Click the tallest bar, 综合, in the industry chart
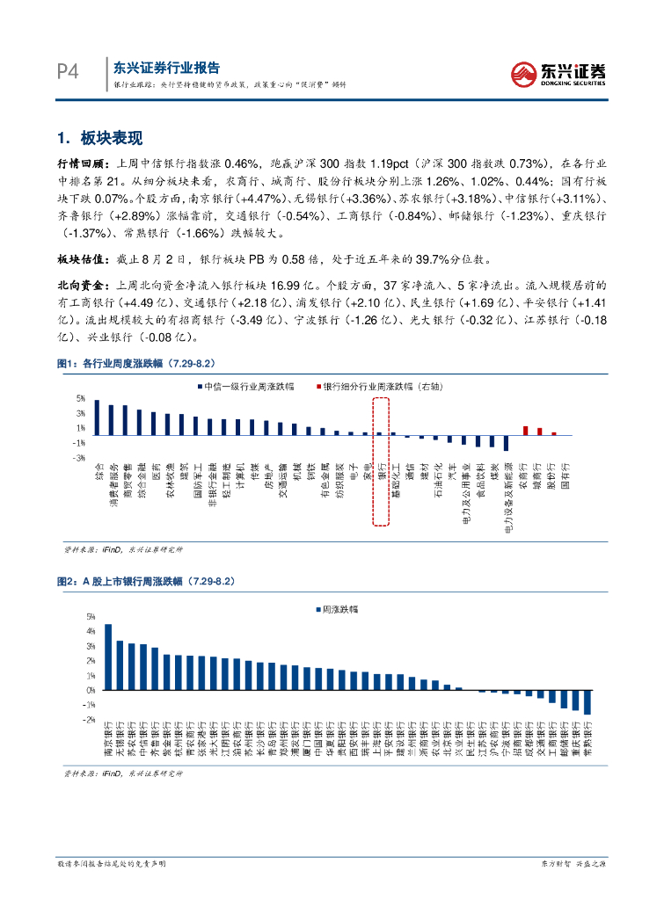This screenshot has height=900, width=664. coord(97,417)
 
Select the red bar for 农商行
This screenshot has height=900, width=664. coord(525,431)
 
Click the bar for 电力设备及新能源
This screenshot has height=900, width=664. coord(507,442)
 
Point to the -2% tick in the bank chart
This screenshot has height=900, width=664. coord(90,719)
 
